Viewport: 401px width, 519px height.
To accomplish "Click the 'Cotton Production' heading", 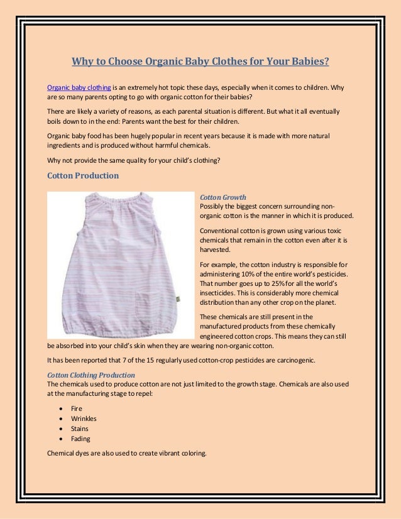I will [x=83, y=175].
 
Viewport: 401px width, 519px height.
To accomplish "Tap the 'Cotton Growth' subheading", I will [x=222, y=197].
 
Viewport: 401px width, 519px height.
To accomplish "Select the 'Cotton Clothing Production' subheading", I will [x=91, y=375].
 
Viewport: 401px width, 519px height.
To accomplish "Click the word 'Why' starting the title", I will [x=82, y=62].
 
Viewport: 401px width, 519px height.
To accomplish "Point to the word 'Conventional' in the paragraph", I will [x=219, y=229].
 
